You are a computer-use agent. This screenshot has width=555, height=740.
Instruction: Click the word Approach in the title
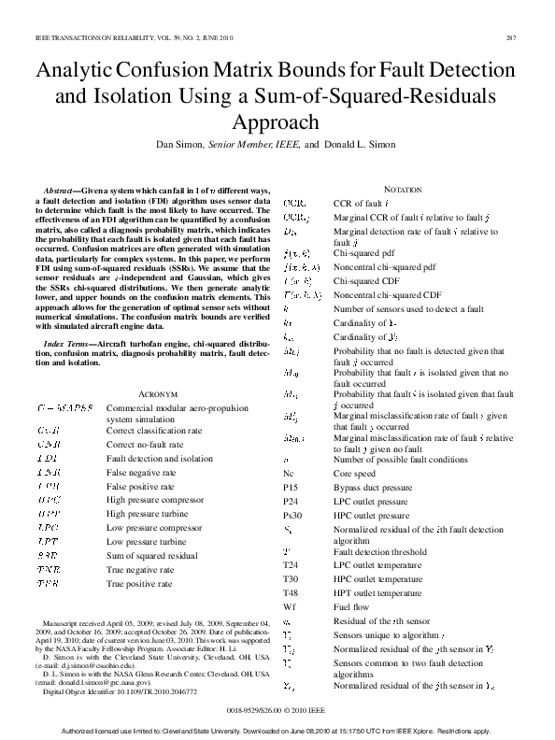coord(277,122)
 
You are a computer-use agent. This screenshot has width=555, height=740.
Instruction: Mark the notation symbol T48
coord(292,593)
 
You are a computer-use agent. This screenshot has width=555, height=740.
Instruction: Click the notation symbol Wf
coord(290,606)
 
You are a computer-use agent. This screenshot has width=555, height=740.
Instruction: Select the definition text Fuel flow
coord(352,606)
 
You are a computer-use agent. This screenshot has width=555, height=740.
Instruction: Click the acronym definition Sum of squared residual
coord(151,555)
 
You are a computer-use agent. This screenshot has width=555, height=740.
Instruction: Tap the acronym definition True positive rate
coord(140,583)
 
